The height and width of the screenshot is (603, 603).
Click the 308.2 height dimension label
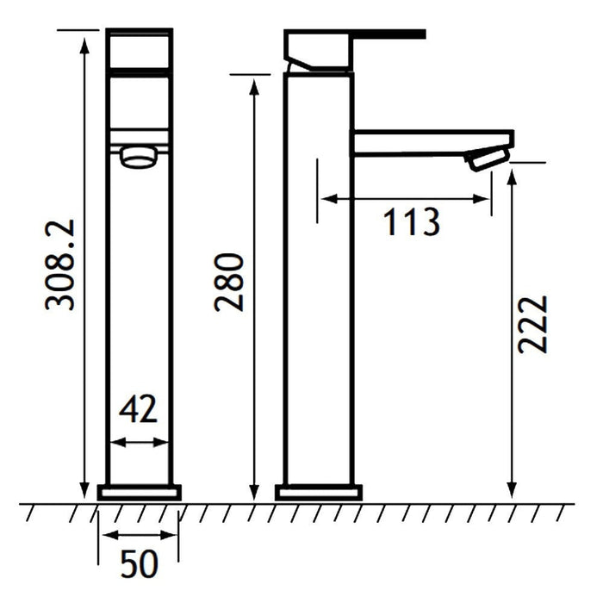pyautogui.click(x=59, y=265)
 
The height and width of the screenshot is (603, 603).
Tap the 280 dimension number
pyautogui.click(x=229, y=282)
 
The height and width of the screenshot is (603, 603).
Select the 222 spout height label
pyautogui.click(x=532, y=324)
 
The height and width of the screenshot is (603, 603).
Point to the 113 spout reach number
pyautogui.click(x=411, y=222)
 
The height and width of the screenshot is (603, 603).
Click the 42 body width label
pyautogui.click(x=138, y=408)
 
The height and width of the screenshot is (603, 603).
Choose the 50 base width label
pyautogui.click(x=140, y=563)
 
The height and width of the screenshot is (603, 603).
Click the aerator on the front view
pyautogui.click(x=139, y=157)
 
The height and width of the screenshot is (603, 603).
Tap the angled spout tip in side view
pyautogui.click(x=488, y=159)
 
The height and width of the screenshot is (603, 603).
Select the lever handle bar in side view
pyautogui.click(x=389, y=34)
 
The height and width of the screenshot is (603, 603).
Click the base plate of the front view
pyautogui.click(x=140, y=493)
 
